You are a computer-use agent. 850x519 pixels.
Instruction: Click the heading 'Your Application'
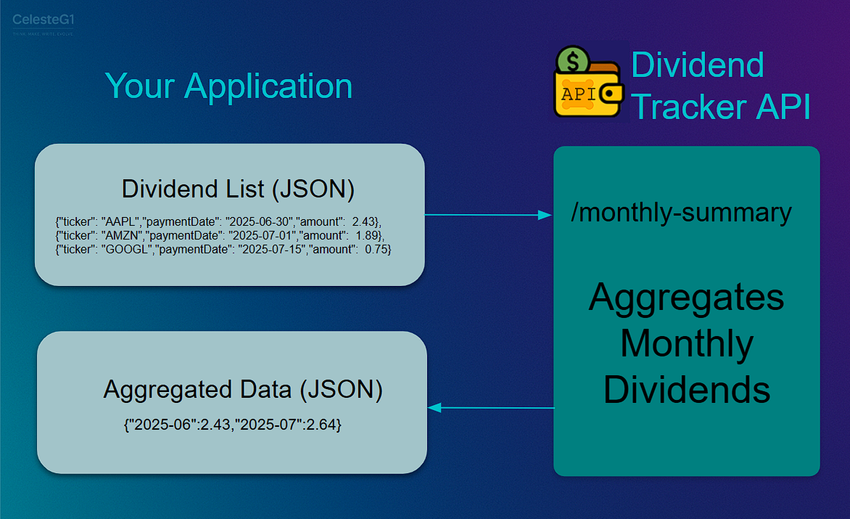[228, 86]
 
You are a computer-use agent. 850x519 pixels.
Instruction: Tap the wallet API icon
[587, 83]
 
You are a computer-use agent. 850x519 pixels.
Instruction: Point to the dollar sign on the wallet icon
[577, 59]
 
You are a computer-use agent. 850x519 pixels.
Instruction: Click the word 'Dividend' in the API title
[697, 65]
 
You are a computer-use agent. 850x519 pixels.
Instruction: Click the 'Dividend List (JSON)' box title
[238, 189]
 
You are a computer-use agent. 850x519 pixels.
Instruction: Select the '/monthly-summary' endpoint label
[681, 213]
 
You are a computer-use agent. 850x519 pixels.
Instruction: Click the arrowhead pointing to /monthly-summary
[545, 215]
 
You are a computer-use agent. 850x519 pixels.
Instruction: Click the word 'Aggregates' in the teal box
[686, 298]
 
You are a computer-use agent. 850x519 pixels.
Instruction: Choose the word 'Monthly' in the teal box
[686, 343]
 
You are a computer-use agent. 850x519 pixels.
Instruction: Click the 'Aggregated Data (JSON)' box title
[243, 390]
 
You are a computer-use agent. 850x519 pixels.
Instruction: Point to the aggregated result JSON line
[233, 425]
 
